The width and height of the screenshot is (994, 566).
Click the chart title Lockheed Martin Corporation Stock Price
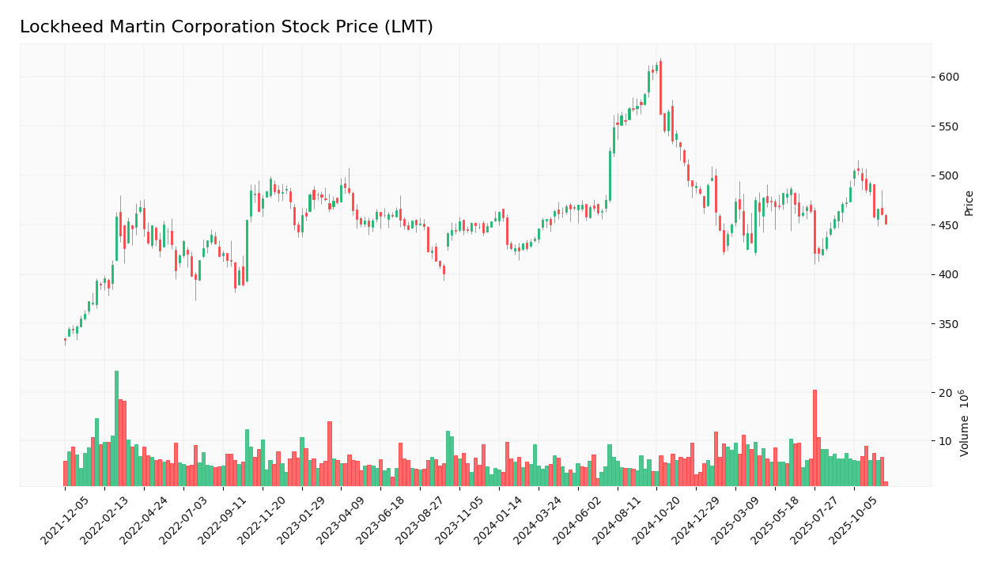coord(226,28)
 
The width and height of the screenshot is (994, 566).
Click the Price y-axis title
coord(969,203)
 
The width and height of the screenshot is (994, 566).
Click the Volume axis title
coord(966,423)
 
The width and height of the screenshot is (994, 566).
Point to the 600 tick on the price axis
coord(949,77)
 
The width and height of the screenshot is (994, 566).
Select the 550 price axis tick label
coord(949,126)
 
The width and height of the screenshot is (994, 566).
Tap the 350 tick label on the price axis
coord(949,324)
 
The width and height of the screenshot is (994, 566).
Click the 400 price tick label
coord(949,275)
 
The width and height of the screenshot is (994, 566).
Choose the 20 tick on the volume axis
coord(945,393)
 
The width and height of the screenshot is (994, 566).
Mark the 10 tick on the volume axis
coord(945,440)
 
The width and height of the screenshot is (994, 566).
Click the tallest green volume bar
coord(116,428)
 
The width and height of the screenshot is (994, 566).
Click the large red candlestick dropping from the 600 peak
coord(660,87)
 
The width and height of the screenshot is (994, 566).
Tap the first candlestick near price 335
coord(65,340)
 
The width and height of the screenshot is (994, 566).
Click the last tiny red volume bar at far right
coord(886,484)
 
